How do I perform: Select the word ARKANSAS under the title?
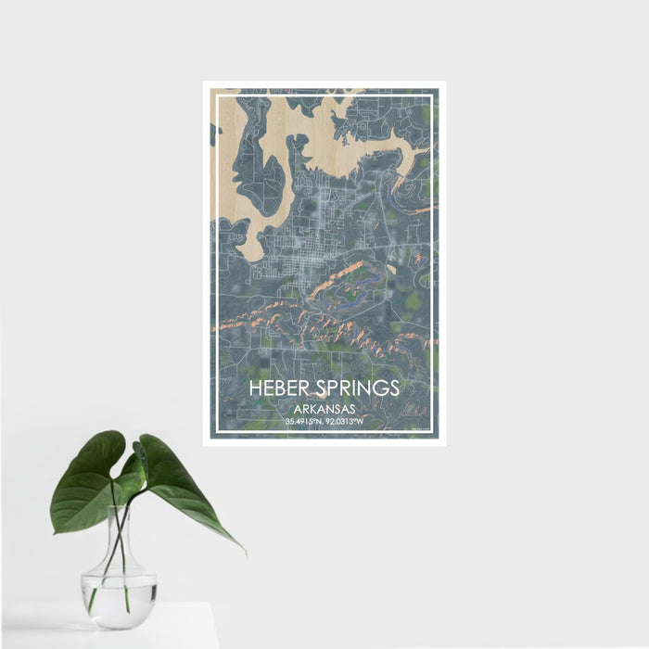coord(324,408)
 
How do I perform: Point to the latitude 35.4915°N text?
coord(303,422)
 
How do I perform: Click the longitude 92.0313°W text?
coord(344,422)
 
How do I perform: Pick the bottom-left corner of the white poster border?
coord(205,444)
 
